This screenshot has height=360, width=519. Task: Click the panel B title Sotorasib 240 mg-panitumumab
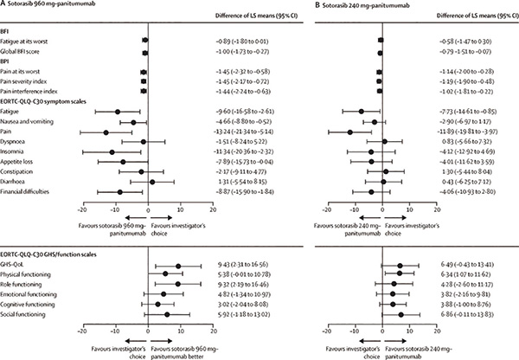coord(312,7)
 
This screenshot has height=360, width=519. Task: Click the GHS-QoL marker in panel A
coord(178,267)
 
